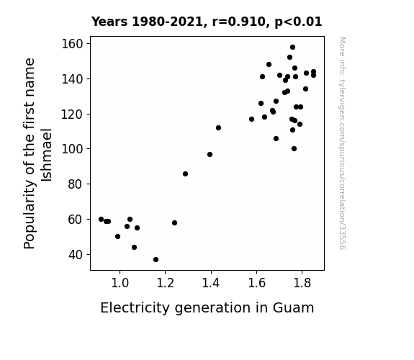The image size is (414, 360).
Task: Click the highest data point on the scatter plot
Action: pyautogui.click(x=292, y=48)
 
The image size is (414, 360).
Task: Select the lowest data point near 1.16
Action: pyautogui.click(x=156, y=260)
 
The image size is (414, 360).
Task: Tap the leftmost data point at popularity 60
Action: pyautogui.click(x=101, y=219)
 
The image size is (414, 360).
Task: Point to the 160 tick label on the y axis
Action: pyautogui.click(x=72, y=44)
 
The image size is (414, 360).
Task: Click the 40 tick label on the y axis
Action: pyautogui.click(x=76, y=255)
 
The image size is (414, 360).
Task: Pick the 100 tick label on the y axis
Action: pyautogui.click(x=72, y=149)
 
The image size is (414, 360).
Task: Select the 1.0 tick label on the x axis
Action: pyautogui.click(x=120, y=283)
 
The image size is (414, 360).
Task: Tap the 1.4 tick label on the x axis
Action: pyautogui.click(x=211, y=283)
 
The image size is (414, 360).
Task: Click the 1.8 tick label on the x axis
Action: pyautogui.click(x=302, y=283)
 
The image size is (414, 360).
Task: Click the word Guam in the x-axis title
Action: pyautogui.click(x=293, y=308)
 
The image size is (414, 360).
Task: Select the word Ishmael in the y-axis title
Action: pyautogui.click(x=47, y=155)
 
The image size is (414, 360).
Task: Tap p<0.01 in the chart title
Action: pyautogui.click(x=298, y=22)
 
